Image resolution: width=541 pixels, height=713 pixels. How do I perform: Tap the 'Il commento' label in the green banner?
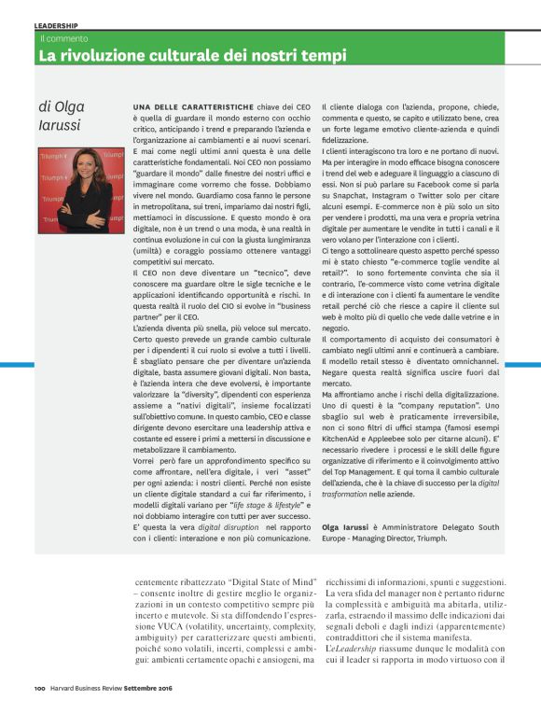click(63, 39)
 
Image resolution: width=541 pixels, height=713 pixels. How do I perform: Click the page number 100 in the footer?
click(40, 690)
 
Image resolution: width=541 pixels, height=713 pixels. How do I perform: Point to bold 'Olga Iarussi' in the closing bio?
click(350, 528)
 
